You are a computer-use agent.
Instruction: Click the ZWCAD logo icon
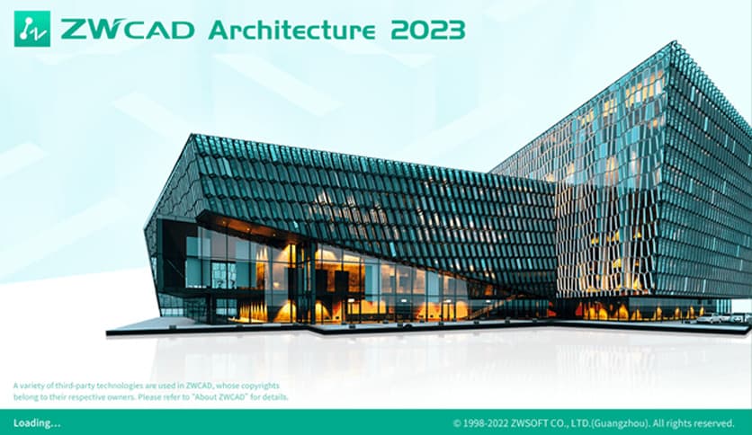[x=32, y=29]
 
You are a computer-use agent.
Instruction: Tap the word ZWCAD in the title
[x=127, y=30]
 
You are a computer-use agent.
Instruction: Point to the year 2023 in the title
[x=428, y=30]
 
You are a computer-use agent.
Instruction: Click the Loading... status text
[x=37, y=422]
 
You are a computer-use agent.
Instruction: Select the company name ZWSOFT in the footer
[x=537, y=422]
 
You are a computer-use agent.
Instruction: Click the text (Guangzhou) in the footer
[x=613, y=422]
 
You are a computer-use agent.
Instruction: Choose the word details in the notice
[x=273, y=395]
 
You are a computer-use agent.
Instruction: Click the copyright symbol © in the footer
[x=457, y=422]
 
